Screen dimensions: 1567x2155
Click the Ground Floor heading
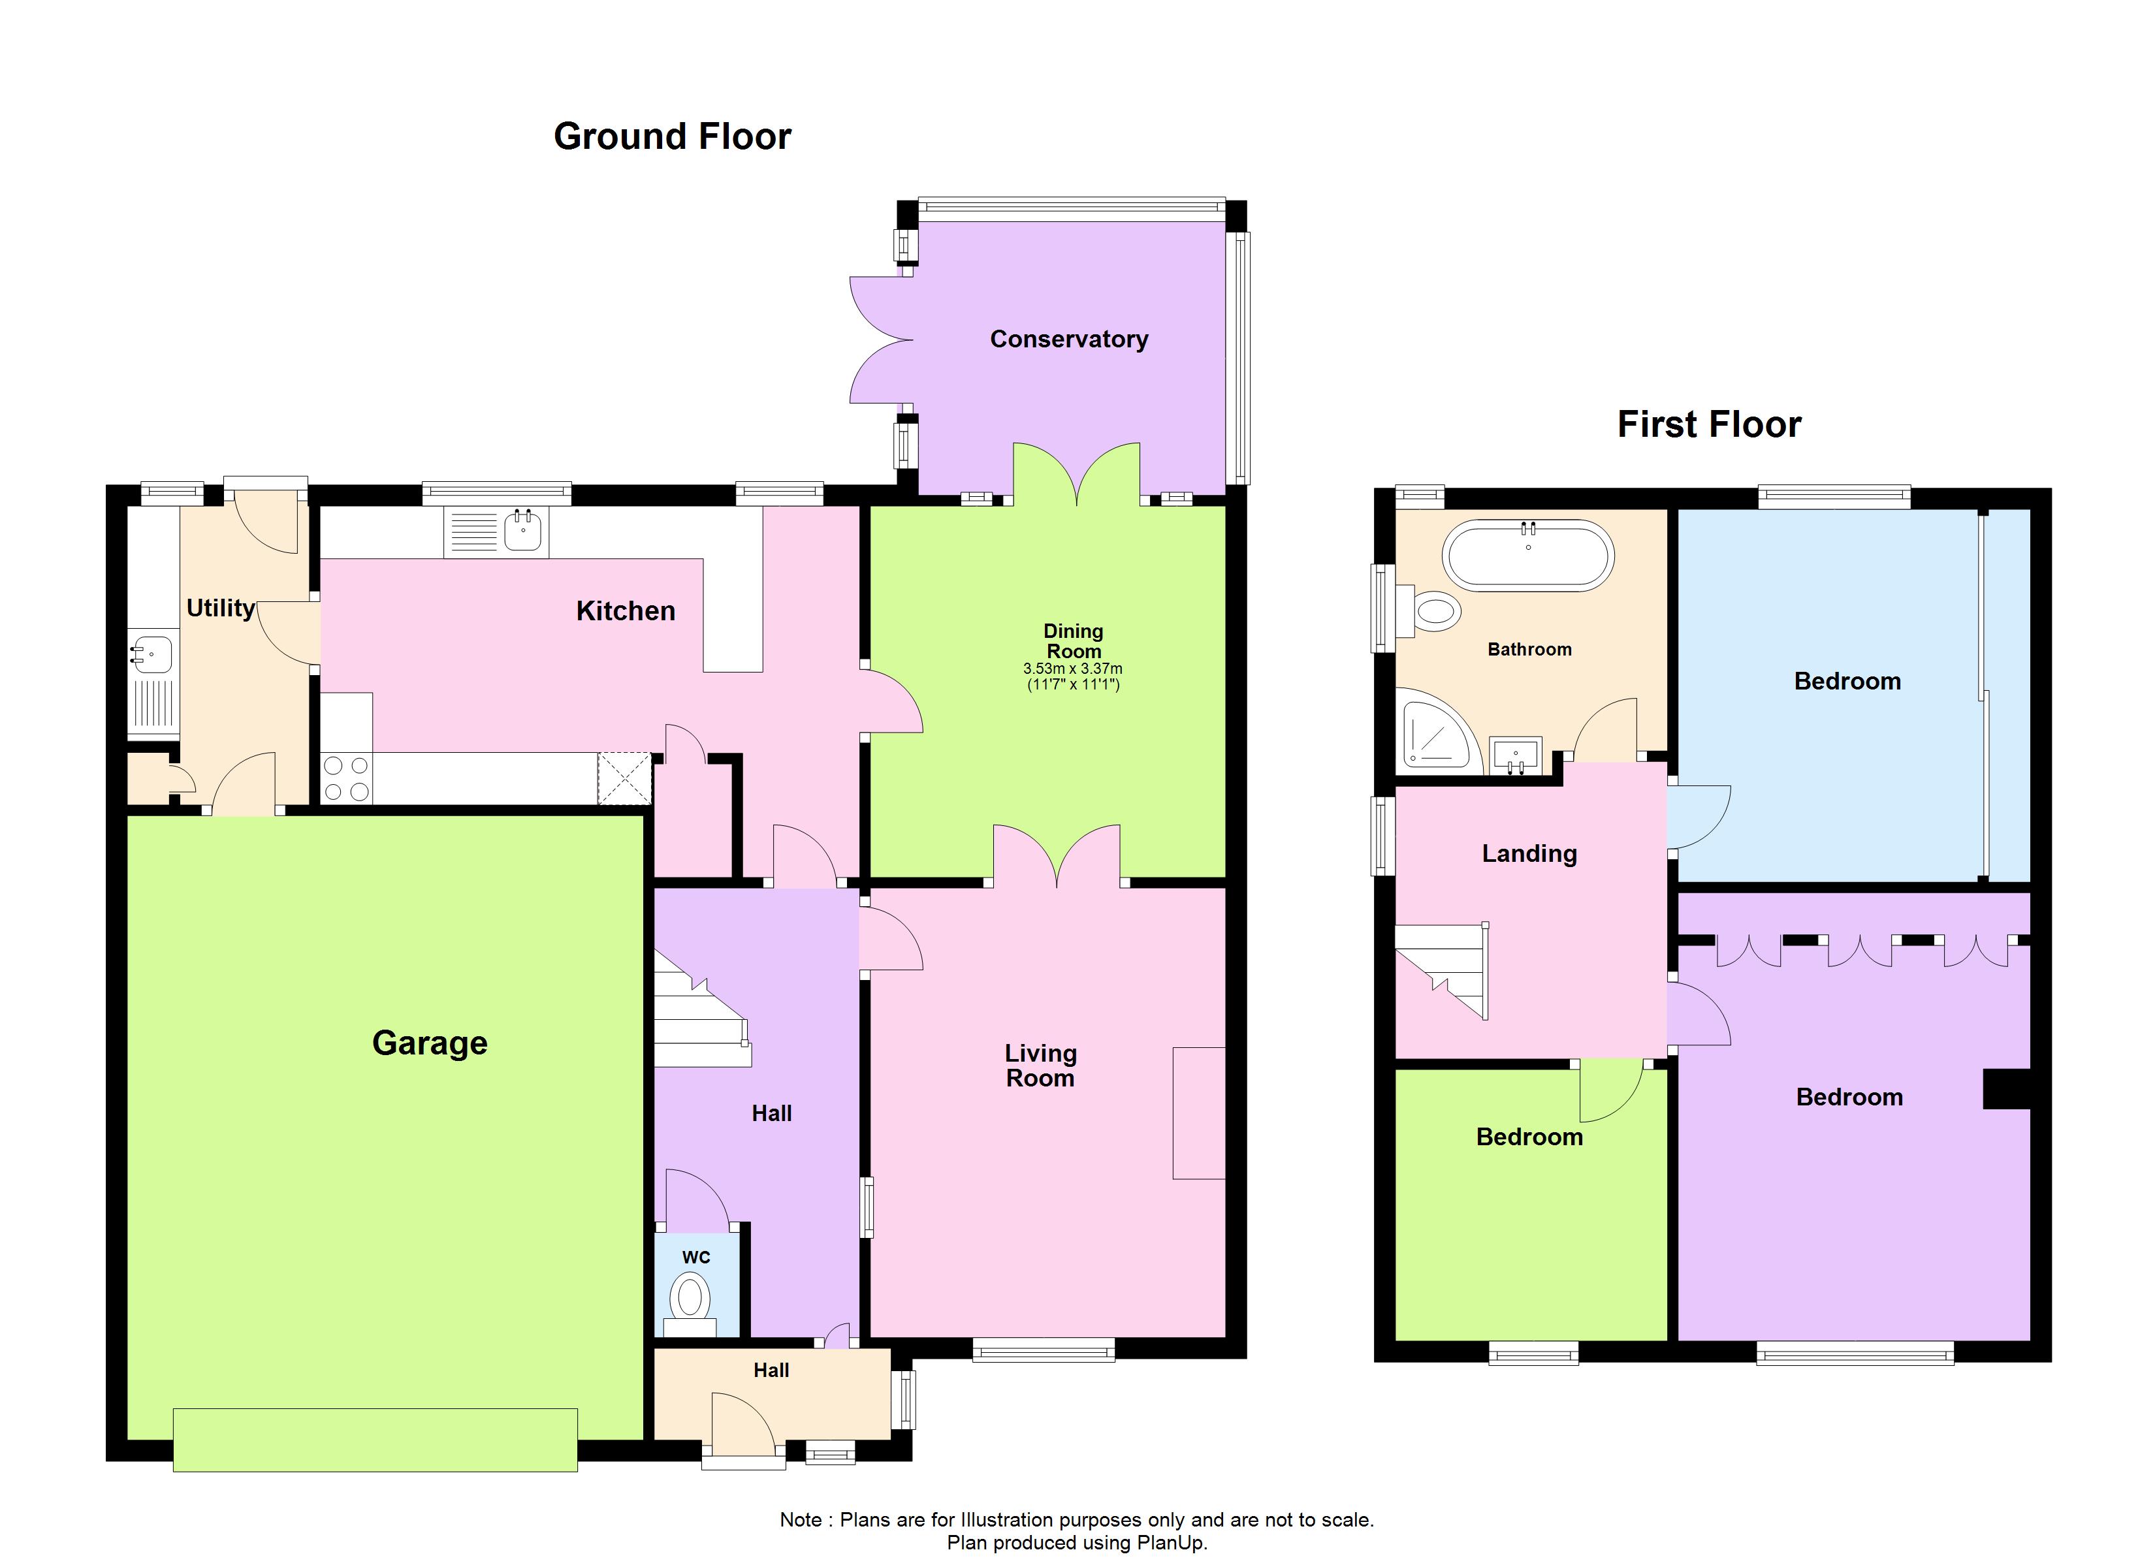pos(672,137)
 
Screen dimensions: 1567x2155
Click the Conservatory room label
pos(1069,340)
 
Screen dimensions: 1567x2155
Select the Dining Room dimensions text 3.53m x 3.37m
pos(1073,669)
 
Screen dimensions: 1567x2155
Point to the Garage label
pos(430,1043)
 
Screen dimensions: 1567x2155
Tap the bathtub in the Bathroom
pos(1528,556)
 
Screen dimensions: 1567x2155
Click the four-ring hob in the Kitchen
pos(347,778)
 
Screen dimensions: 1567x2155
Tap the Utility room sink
pos(152,655)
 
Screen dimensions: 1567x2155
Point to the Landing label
pos(1529,853)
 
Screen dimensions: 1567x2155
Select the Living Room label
pos(1040,1066)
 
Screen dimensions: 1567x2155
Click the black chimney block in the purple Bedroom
pos(2006,1089)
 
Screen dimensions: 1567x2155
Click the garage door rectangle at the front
pos(375,1440)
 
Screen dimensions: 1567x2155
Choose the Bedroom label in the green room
pos(1529,1137)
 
